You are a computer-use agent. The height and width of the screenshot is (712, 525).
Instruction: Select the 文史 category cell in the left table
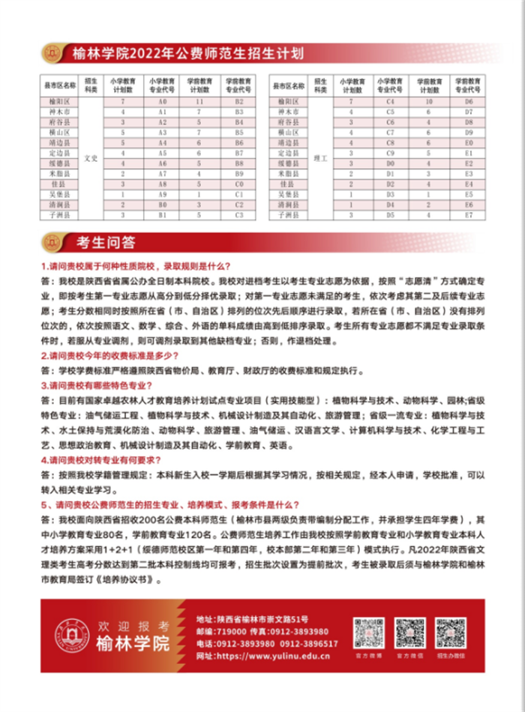(x=91, y=158)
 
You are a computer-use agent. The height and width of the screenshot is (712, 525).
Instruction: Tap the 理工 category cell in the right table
(x=319, y=158)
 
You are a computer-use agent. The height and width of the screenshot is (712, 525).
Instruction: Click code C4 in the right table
(x=390, y=100)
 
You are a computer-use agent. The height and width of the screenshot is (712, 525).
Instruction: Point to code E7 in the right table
(x=469, y=215)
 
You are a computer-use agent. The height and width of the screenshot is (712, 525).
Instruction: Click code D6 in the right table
(x=469, y=100)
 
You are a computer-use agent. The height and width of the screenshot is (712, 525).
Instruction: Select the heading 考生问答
(x=106, y=244)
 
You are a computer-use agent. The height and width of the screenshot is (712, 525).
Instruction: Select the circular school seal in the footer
(x=73, y=634)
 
